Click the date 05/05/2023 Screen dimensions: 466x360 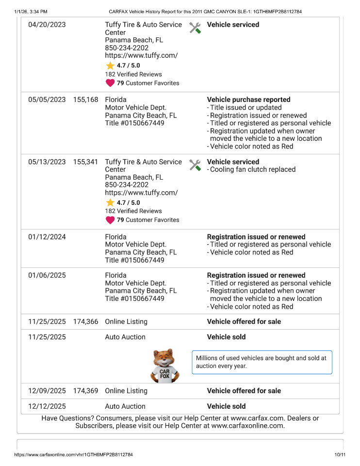pos(47,100)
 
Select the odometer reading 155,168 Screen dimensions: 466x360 pos(85,100)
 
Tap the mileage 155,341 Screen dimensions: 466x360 pos(85,162)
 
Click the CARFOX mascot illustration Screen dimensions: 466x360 pos(165,366)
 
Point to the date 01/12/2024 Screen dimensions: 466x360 pos(47,237)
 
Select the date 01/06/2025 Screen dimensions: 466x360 pos(47,275)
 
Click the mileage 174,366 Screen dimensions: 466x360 pos(85,321)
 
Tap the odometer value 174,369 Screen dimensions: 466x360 pos(85,391)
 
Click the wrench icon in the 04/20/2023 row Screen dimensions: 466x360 pos(195,28)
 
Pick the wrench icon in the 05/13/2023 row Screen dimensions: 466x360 pos(195,165)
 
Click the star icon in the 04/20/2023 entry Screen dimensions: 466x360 pos(110,66)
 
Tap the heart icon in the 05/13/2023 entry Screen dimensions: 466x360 pos(110,220)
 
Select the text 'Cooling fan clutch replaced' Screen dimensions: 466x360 pos(253,169)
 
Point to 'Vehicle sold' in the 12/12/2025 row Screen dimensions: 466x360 pos(226,406)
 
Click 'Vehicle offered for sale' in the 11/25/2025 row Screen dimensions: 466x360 pos(244,321)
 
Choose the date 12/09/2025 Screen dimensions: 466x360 pos(47,391)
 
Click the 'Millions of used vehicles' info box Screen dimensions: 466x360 pos(262,362)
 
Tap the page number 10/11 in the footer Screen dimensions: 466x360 pos(340,455)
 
